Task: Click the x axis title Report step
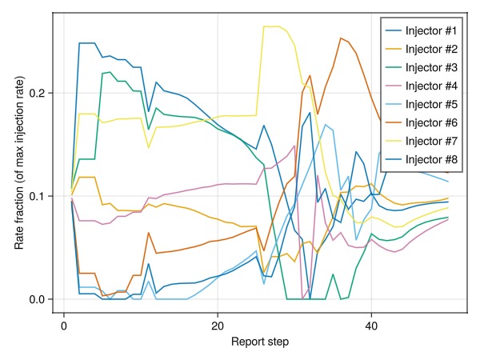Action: (x=260, y=342)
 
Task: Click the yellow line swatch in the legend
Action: (x=393, y=142)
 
